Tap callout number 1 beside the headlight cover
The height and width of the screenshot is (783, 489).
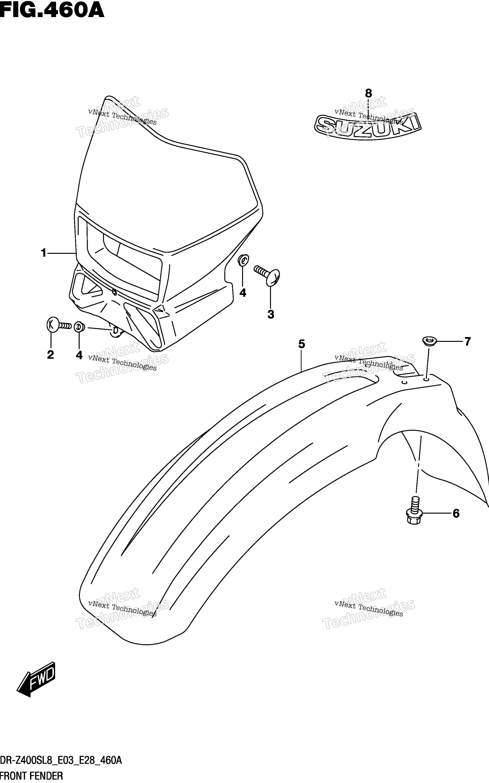pyautogui.click(x=44, y=253)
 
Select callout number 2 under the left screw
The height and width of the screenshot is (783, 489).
pyautogui.click(x=50, y=355)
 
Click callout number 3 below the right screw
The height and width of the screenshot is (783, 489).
pyautogui.click(x=271, y=314)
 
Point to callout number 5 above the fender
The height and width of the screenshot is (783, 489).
pyautogui.click(x=301, y=344)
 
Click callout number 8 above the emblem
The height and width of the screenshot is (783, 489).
pyautogui.click(x=368, y=93)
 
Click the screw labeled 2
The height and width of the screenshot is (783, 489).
pyautogui.click(x=59, y=325)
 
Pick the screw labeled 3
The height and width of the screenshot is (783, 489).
pyautogui.click(x=267, y=275)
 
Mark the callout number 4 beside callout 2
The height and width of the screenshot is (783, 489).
pyautogui.click(x=79, y=355)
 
